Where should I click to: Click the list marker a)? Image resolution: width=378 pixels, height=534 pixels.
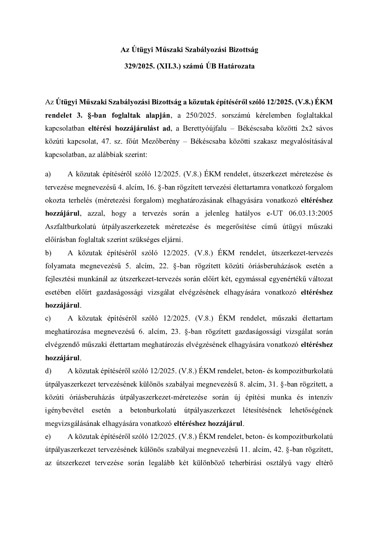(x=48, y=174)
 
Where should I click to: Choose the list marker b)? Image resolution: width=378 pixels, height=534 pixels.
(x=48, y=253)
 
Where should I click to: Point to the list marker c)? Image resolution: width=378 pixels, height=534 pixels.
(x=48, y=318)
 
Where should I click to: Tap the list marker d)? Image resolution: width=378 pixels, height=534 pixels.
(x=48, y=371)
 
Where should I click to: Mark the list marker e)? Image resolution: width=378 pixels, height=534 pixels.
(x=48, y=437)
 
